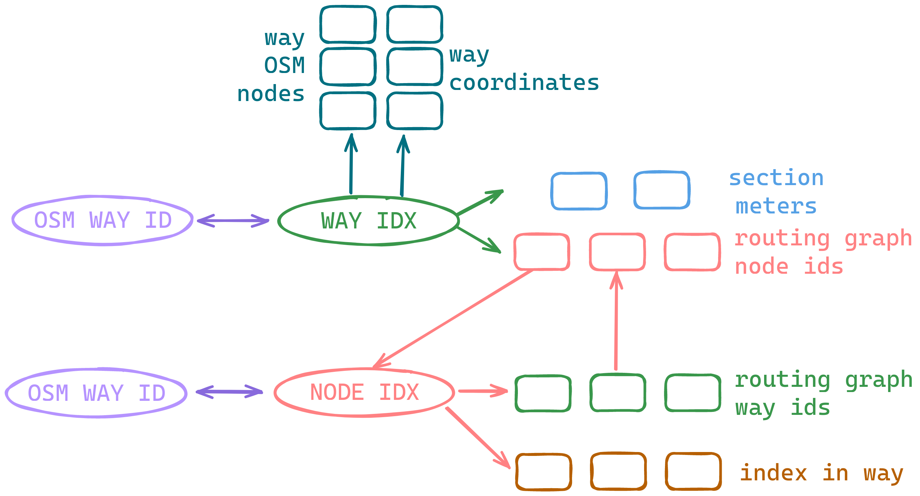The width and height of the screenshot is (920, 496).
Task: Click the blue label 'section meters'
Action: click(x=776, y=192)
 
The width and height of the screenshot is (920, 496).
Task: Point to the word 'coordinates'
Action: click(x=524, y=82)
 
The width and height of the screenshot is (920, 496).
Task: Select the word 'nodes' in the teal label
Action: click(x=271, y=94)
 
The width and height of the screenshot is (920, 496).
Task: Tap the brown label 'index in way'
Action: click(x=822, y=474)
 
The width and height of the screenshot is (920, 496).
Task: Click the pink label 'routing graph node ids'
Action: click(x=823, y=252)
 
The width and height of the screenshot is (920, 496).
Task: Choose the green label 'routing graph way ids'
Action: click(x=823, y=394)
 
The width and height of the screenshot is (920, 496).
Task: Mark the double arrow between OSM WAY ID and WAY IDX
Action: click(x=233, y=221)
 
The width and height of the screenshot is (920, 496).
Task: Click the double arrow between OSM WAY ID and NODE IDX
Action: click(x=229, y=392)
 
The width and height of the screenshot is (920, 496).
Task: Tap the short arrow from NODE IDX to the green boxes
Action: click(x=483, y=391)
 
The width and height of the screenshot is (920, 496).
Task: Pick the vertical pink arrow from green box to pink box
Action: click(x=616, y=320)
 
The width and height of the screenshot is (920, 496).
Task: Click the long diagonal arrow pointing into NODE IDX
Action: click(x=453, y=319)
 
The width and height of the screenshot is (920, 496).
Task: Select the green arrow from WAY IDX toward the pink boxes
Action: click(x=478, y=240)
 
